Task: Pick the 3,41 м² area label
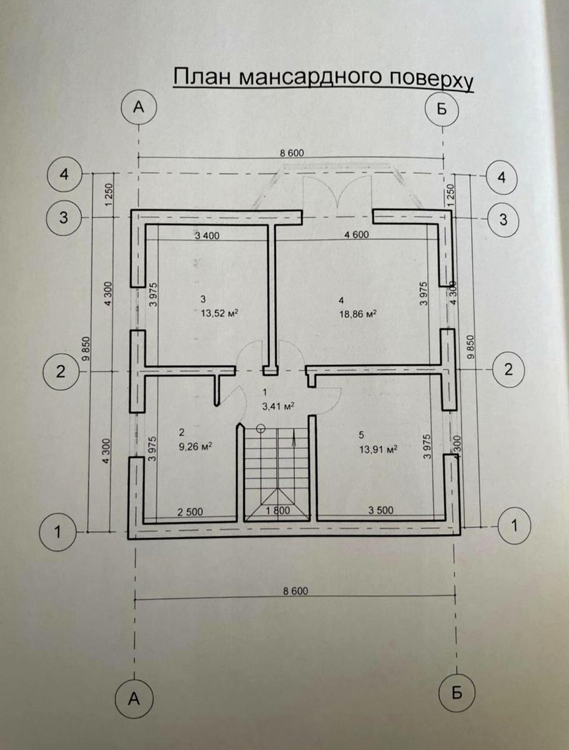click(x=278, y=405)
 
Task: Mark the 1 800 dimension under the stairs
click(x=277, y=511)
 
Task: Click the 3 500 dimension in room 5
click(x=380, y=510)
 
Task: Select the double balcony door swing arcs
click(x=338, y=192)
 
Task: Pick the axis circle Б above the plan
click(x=442, y=108)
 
